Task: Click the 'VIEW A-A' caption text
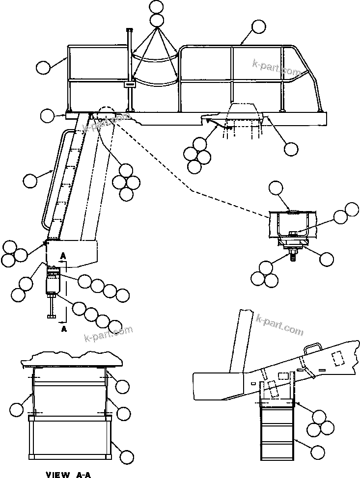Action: pos(68,474)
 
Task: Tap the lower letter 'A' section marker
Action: pos(64,329)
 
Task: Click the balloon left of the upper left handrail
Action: pos(44,67)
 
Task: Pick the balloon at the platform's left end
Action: pos(47,116)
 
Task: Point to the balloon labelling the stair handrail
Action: pos(30,181)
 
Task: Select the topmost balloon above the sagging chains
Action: pos(157,7)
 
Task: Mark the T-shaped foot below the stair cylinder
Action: pos(52,316)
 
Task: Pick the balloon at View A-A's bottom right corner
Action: pos(127,457)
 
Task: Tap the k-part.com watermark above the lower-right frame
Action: pos(280,325)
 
